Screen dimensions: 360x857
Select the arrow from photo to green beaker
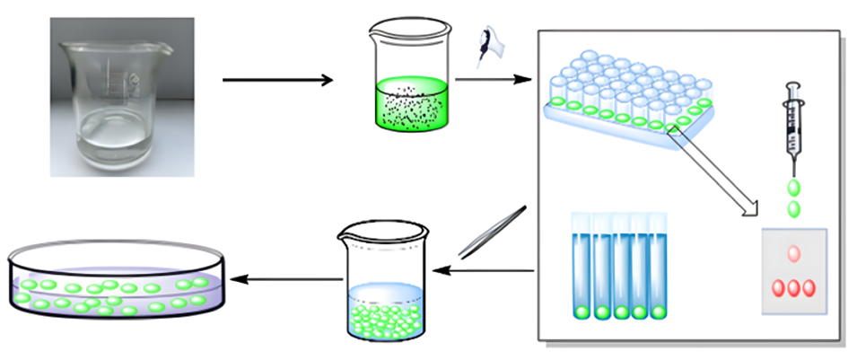click(277, 81)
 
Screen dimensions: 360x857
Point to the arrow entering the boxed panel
click(490, 81)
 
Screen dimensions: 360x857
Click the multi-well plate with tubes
click(628, 94)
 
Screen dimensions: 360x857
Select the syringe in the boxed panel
click(791, 126)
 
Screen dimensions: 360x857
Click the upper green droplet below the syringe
click(793, 189)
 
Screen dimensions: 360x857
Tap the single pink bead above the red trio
click(793, 254)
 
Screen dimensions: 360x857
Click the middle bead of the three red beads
click(793, 288)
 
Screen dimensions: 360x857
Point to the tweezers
click(491, 232)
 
